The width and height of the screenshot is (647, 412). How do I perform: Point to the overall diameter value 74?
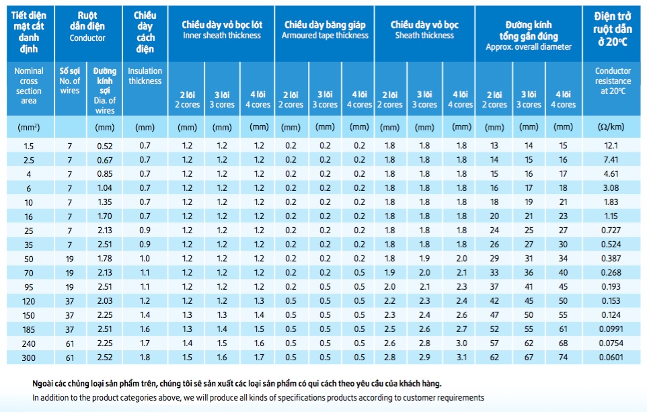pyautogui.click(x=563, y=358)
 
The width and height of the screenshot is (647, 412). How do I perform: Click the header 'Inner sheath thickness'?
pyautogui.click(x=222, y=36)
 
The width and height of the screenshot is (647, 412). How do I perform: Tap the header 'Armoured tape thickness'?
pyautogui.click(x=325, y=36)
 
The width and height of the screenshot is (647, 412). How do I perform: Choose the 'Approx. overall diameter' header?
pyautogui.click(x=529, y=47)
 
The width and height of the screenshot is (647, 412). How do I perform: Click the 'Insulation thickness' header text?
pyautogui.click(x=145, y=76)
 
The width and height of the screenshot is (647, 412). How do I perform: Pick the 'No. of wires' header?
pyautogui.click(x=70, y=81)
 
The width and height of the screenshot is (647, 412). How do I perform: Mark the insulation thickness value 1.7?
pyautogui.click(x=145, y=343)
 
